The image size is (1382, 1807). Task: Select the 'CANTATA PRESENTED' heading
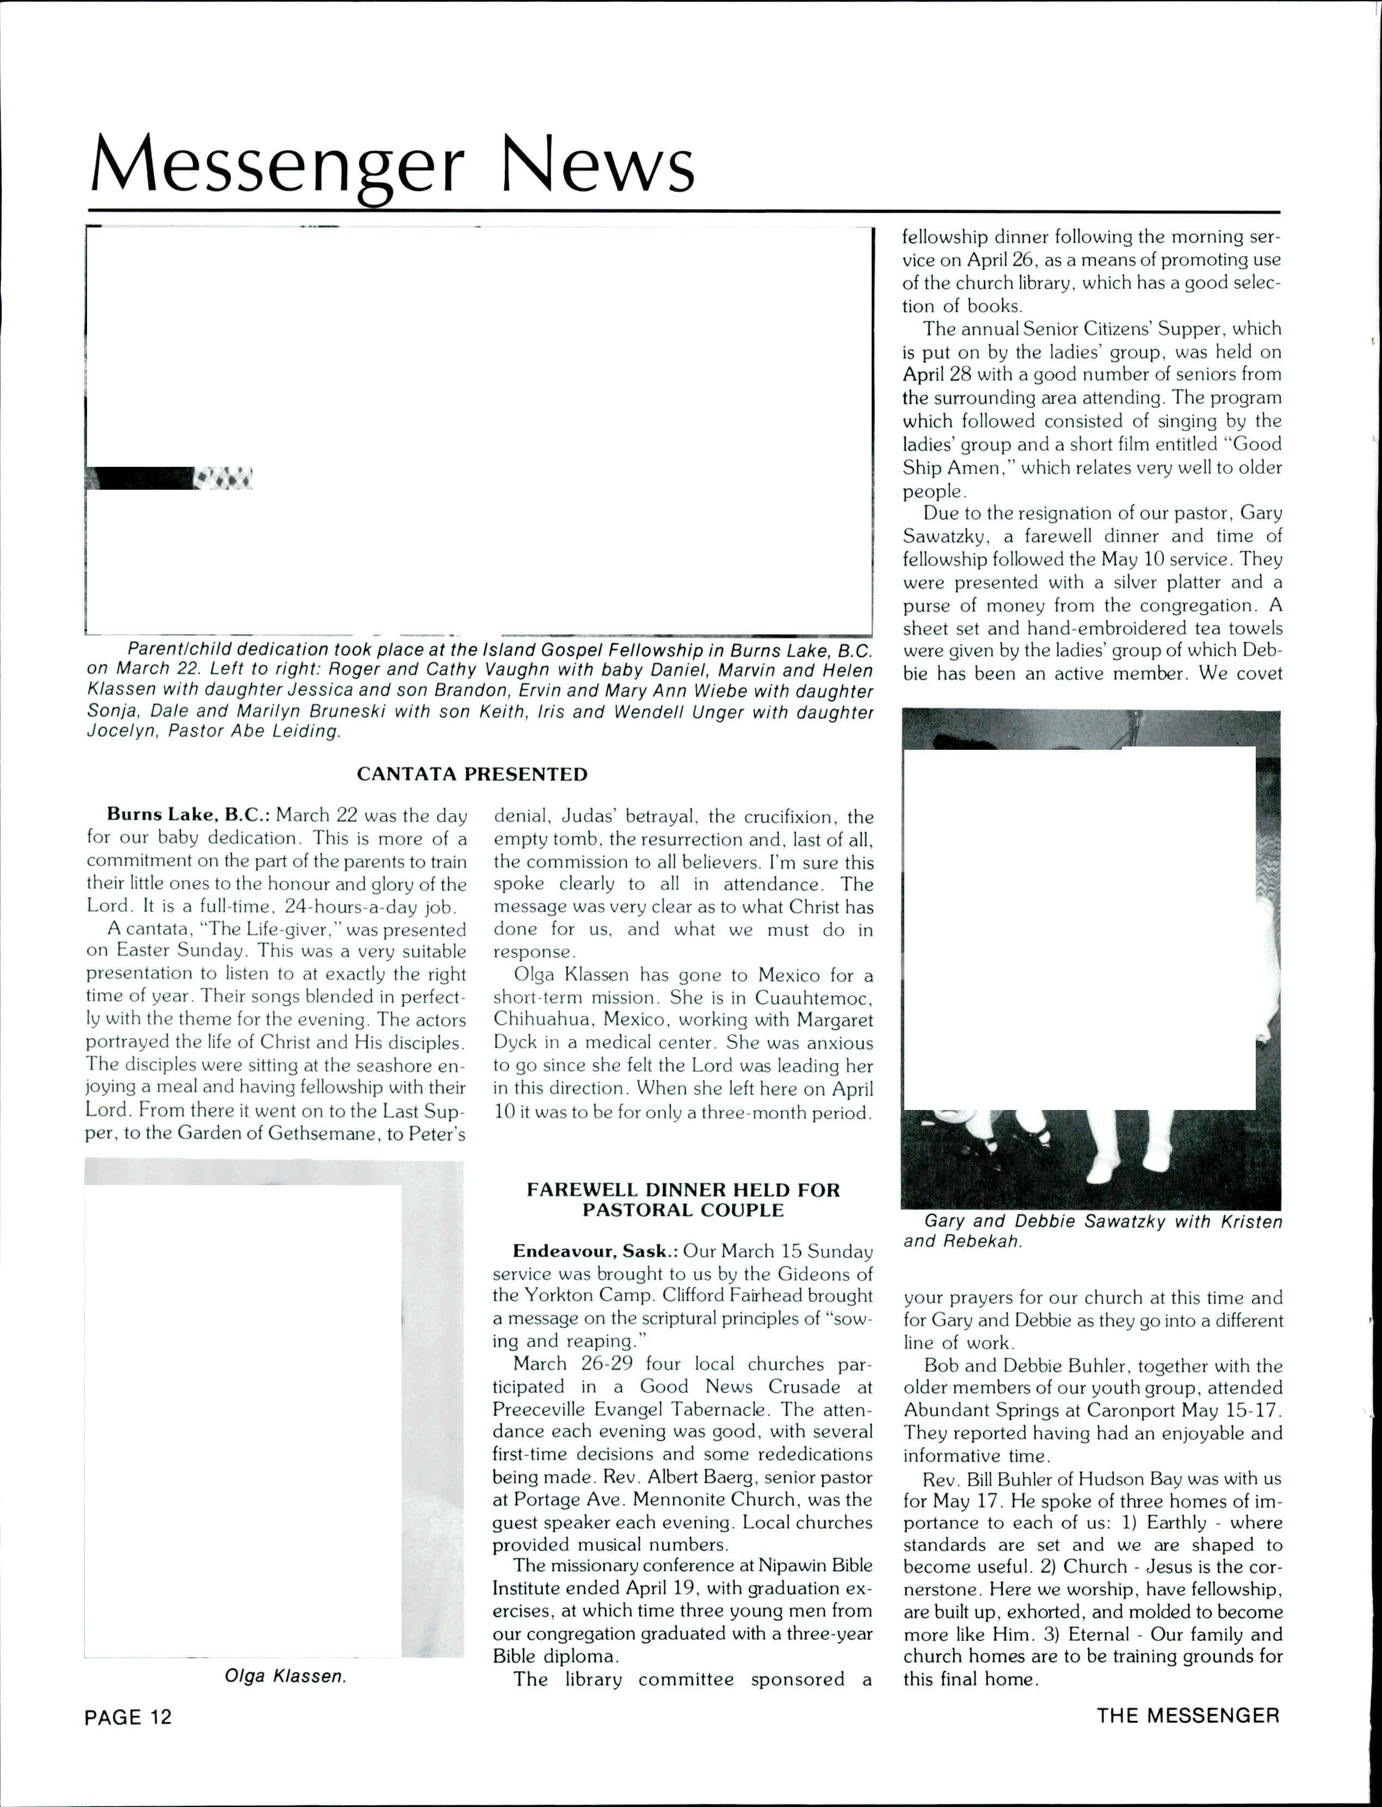point(472,774)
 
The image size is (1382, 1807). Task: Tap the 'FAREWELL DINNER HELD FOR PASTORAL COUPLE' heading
point(683,1200)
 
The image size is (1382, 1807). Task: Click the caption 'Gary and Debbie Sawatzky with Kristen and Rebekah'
point(1093,1231)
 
